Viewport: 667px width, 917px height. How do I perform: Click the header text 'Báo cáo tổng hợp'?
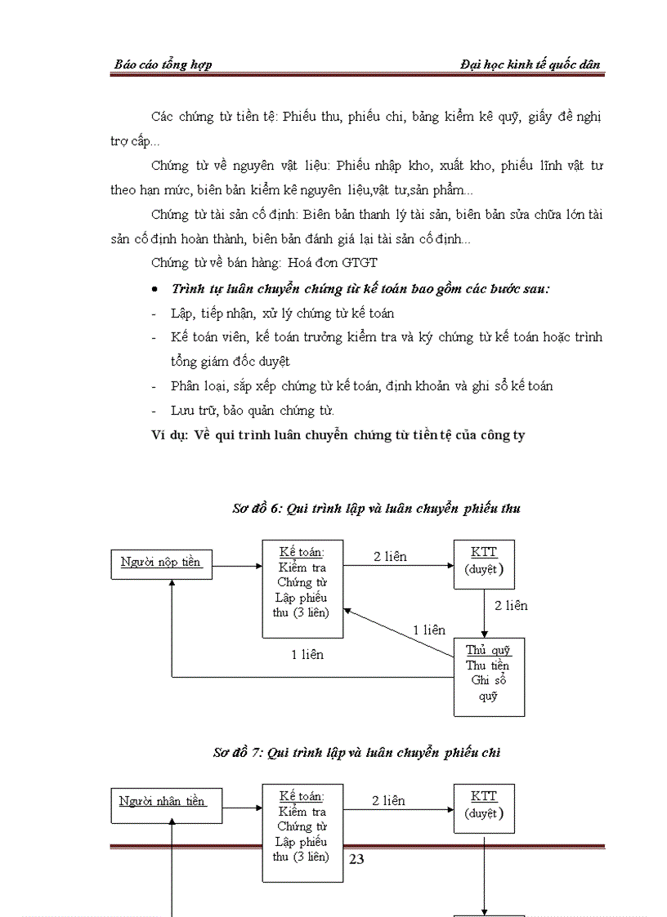tap(163, 65)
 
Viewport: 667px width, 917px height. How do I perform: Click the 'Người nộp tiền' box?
tap(161, 563)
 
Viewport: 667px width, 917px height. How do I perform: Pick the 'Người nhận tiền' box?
tap(162, 803)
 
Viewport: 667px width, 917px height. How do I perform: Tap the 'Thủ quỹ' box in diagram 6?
tap(489, 676)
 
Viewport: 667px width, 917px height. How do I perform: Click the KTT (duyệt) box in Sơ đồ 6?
tap(484, 563)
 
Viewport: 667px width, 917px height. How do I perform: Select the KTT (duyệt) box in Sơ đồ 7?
tap(484, 808)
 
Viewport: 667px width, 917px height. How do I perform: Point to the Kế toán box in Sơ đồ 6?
tap(302, 588)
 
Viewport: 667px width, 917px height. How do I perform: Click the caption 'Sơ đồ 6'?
tap(376, 508)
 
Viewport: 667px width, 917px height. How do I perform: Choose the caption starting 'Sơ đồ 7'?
tap(356, 753)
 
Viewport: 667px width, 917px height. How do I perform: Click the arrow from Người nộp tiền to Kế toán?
tap(236, 565)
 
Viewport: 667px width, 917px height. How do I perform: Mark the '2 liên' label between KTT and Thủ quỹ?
tap(511, 605)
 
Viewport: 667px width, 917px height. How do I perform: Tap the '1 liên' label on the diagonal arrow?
tap(428, 630)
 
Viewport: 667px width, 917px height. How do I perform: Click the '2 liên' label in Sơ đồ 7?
tap(388, 801)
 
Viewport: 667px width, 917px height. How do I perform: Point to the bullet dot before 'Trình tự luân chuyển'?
tap(156, 290)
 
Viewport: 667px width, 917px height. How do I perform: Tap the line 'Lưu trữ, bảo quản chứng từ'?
tap(252, 410)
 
